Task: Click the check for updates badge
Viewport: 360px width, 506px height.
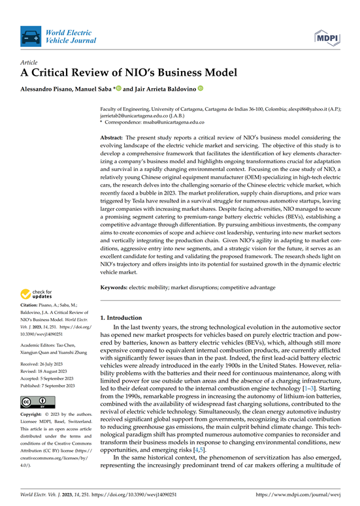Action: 38,294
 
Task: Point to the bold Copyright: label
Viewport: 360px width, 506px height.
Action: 34,397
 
